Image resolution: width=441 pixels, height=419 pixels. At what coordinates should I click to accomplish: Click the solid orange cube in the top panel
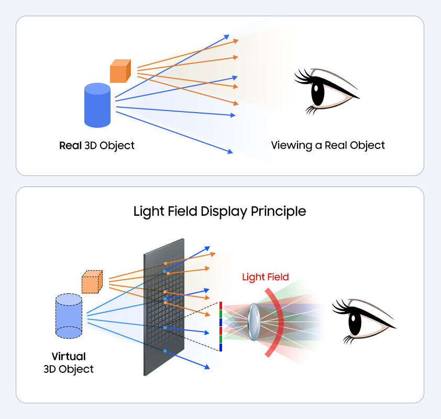click(119, 71)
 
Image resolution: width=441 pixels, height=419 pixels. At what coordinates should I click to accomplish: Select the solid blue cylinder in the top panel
click(97, 106)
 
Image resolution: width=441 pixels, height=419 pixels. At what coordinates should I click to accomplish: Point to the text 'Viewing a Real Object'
click(327, 145)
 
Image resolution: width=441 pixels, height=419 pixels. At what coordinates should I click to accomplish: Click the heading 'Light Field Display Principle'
click(219, 212)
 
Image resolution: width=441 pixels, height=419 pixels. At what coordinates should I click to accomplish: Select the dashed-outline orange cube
click(92, 282)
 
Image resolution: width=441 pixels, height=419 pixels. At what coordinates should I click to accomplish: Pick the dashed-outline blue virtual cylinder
click(69, 316)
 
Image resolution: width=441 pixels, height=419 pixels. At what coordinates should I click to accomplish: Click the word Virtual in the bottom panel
click(69, 357)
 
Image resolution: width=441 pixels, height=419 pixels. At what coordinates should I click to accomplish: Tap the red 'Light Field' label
click(265, 277)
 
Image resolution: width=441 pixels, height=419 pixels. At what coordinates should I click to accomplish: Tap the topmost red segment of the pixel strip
click(221, 305)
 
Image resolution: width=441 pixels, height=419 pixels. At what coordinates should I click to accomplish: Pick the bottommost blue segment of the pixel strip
click(221, 347)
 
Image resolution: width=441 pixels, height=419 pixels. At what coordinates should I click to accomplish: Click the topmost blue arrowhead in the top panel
click(226, 37)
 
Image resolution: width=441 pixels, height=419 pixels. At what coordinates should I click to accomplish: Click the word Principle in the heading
click(281, 212)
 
